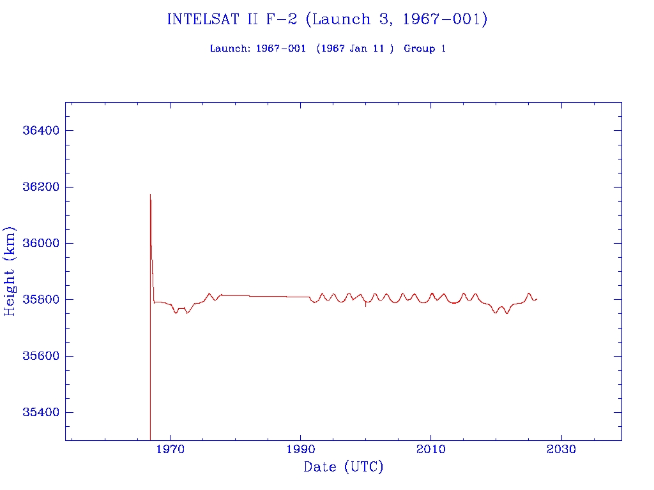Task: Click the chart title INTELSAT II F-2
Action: pyautogui.click(x=233, y=19)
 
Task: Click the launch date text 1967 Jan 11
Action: pyautogui.click(x=355, y=48)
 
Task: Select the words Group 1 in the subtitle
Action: pyautogui.click(x=425, y=48)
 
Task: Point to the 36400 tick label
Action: pyautogui.click(x=41, y=131)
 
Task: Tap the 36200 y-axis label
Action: pyautogui.click(x=41, y=187)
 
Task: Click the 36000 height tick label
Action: pyautogui.click(x=41, y=243)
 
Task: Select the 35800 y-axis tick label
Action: pyautogui.click(x=41, y=299)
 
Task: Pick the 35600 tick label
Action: pyautogui.click(x=41, y=356)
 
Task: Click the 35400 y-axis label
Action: pyautogui.click(x=41, y=412)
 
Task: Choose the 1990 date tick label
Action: pyautogui.click(x=301, y=450)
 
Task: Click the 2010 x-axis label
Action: pyautogui.click(x=431, y=450)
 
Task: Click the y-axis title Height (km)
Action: pyautogui.click(x=10, y=271)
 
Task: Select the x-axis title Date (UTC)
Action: pyautogui.click(x=344, y=467)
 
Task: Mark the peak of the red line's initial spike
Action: pyautogui.click(x=150, y=195)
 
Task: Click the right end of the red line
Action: pyautogui.click(x=537, y=299)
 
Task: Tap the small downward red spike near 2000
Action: pyautogui.click(x=366, y=306)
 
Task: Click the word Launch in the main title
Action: pyautogui.click(x=337, y=19)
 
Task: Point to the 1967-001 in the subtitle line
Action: pyautogui.click(x=277, y=48)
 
